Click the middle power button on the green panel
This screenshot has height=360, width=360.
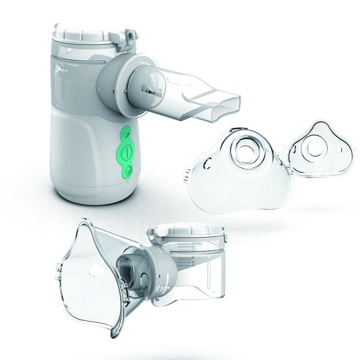(x=126, y=152)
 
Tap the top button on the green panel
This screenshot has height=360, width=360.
(x=127, y=133)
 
